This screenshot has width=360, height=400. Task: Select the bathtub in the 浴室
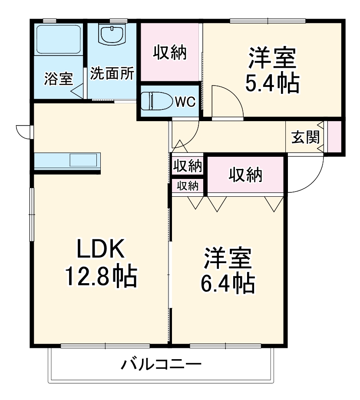click(x=58, y=40)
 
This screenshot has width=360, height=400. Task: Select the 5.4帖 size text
click(x=272, y=83)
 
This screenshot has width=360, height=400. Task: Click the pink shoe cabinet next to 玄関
click(x=334, y=137)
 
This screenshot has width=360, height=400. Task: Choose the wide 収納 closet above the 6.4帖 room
click(x=246, y=175)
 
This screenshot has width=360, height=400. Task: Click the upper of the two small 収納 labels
click(x=188, y=165)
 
